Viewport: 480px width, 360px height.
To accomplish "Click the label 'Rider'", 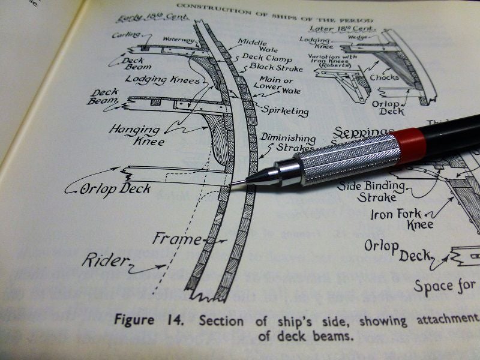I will [x=106, y=260].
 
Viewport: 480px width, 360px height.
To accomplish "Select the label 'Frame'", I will [x=176, y=239].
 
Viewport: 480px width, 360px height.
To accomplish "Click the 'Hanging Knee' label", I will [x=134, y=135].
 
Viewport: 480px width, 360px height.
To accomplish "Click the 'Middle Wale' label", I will [x=253, y=46].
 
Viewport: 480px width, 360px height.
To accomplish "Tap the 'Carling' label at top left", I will [x=126, y=35].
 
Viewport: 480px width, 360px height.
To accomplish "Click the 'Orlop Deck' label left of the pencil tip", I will [x=116, y=190].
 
